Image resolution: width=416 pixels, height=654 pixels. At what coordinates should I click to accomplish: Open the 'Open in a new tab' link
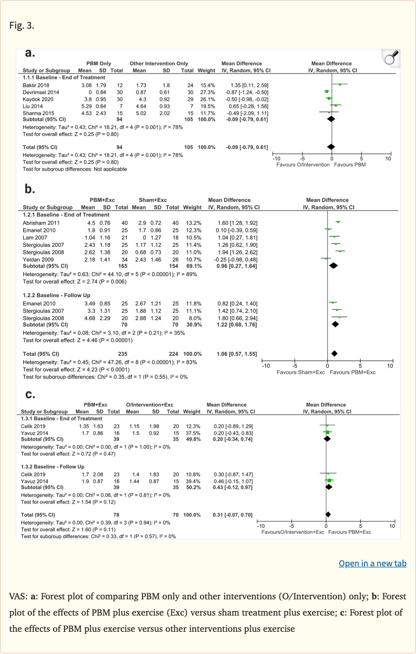tap(372, 563)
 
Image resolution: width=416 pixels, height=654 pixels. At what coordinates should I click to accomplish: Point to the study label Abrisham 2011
tap(38, 222)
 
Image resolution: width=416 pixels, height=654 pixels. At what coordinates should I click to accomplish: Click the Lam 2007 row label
tap(33, 237)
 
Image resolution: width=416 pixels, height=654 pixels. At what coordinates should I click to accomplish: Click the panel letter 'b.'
tap(30, 189)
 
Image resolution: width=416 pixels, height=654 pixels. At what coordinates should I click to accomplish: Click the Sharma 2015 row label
tap(36, 113)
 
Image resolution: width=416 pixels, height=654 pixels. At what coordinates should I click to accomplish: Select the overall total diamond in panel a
tap(331, 147)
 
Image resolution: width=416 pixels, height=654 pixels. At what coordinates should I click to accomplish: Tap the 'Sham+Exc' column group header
tap(147, 200)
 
